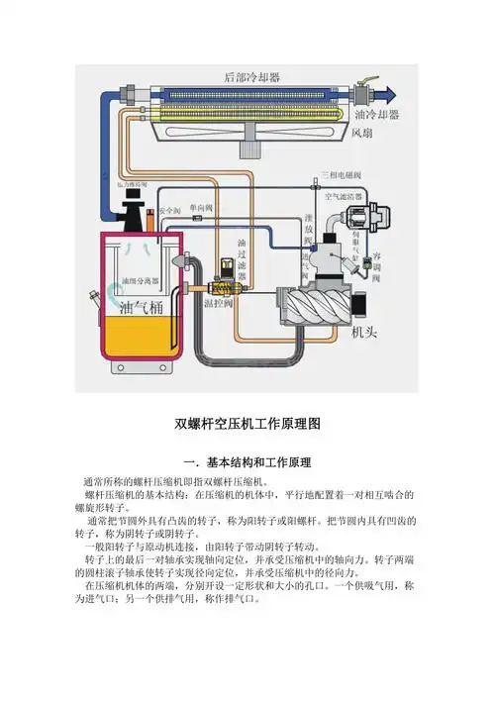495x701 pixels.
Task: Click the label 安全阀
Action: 169,211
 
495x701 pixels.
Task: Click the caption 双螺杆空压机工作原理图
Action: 247,423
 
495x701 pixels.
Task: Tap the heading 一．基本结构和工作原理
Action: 247,463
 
